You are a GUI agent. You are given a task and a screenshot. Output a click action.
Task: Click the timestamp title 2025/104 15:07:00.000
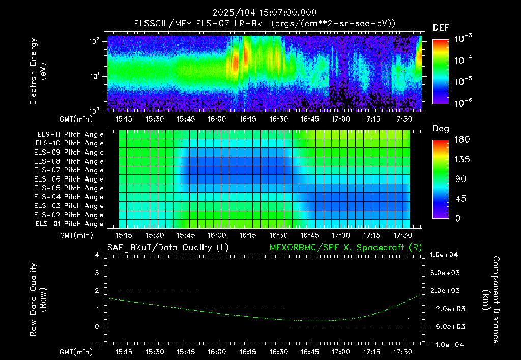click(265, 13)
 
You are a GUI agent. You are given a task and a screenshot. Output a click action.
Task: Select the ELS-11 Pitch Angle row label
click(70, 135)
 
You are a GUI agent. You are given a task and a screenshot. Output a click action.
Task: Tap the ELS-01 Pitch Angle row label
click(69, 224)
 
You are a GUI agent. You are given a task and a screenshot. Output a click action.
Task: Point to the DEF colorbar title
click(441, 27)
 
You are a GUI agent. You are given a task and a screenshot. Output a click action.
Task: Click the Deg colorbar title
click(441, 129)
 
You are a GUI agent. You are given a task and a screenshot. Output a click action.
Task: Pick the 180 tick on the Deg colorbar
click(462, 139)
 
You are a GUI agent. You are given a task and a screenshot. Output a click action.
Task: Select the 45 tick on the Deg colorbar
click(460, 199)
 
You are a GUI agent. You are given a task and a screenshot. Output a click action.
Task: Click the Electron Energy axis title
click(38, 71)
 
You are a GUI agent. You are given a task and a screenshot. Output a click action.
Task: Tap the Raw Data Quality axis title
click(38, 300)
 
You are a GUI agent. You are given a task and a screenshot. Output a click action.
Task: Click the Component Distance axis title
click(491, 300)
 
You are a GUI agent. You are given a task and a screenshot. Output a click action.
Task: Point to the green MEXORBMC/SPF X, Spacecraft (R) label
click(345, 248)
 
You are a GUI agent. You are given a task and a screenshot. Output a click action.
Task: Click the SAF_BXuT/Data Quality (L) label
click(168, 248)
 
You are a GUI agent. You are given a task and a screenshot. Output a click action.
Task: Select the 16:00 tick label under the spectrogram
click(217, 119)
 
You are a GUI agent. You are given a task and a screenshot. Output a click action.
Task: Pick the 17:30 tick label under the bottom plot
click(402, 352)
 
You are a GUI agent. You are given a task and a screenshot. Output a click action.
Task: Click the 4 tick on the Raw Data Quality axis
click(97, 255)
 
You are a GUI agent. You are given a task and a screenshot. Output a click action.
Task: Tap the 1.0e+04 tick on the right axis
click(444, 255)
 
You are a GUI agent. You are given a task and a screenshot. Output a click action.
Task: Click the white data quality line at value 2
click(159, 291)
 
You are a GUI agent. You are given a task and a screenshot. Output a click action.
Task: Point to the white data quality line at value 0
click(346, 327)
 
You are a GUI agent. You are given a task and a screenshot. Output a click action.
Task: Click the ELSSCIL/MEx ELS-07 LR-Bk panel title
click(265, 24)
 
